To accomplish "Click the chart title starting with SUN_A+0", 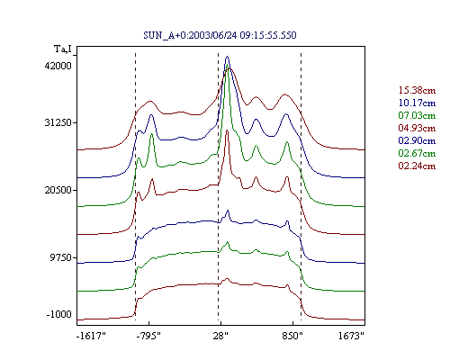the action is tap(220, 35).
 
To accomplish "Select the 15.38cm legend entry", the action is tap(417, 90).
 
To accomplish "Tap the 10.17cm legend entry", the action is tap(417, 103).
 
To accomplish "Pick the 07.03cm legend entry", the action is tap(417, 115).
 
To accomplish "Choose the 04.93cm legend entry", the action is tap(417, 128).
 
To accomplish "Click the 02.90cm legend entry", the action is tap(417, 140).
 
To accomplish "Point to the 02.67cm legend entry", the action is tap(417, 153).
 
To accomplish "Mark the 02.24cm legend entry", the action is tap(417, 166).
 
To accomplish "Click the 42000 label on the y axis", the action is tap(58, 66).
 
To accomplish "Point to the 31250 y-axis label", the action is tap(58, 122).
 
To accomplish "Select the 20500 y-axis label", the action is tap(58, 190).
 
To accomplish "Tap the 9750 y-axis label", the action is tap(61, 257).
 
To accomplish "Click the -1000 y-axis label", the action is tap(59, 314).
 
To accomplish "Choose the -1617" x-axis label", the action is tap(91, 336).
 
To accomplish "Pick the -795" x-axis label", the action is tap(148, 336).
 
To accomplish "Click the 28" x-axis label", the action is tap(220, 336).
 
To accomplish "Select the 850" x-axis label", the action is tap(292, 336).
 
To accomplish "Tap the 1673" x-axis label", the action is tap(351, 336).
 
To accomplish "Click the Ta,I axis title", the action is tap(63, 49).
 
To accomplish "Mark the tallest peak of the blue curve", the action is tap(227, 57).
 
